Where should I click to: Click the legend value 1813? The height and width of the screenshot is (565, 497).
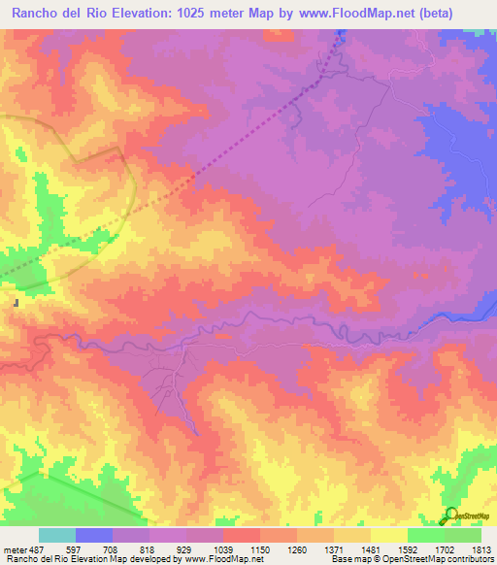(480, 549)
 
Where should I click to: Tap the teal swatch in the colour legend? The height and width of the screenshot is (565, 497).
(57, 535)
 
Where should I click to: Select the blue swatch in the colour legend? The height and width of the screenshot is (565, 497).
(94, 535)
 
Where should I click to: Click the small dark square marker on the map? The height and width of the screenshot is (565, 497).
(17, 303)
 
